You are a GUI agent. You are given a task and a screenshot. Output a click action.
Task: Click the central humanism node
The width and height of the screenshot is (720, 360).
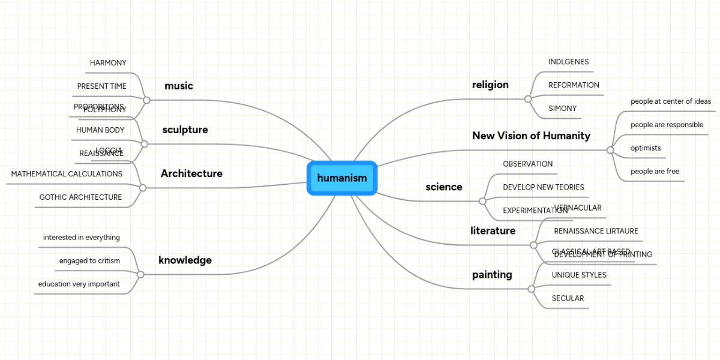tap(341, 178)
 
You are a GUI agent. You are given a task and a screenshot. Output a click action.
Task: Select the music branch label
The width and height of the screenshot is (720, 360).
tap(179, 86)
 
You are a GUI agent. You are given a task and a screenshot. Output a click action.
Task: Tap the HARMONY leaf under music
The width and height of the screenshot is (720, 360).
tap(108, 63)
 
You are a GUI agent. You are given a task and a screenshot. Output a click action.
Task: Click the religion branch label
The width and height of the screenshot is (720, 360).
tap(490, 85)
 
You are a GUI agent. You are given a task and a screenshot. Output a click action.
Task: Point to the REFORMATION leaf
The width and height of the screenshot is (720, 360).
tap(574, 85)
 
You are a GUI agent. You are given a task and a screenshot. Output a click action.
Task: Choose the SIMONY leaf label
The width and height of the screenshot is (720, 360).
tap(562, 109)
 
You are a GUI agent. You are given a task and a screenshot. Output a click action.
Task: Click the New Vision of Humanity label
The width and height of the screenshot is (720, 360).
tap(531, 136)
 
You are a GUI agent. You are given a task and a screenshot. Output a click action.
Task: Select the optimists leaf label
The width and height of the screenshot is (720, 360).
tap(646, 148)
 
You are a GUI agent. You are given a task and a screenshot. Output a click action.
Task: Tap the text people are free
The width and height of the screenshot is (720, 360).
tap(655, 172)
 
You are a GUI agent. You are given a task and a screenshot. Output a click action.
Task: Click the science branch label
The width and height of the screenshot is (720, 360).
tap(444, 187)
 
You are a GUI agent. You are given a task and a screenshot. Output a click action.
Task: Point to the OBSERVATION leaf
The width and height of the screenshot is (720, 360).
tap(527, 164)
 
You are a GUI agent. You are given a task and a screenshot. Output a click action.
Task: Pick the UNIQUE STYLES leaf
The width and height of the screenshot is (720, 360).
tap(579, 275)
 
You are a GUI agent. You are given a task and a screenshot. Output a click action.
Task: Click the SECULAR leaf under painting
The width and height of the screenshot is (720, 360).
tap(568, 298)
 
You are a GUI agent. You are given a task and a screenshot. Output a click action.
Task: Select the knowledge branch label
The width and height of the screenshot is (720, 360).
tap(185, 260)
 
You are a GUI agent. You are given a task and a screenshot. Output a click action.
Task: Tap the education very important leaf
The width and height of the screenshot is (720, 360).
tap(79, 284)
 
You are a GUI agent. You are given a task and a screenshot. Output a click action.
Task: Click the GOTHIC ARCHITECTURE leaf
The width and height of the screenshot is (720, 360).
tap(80, 197)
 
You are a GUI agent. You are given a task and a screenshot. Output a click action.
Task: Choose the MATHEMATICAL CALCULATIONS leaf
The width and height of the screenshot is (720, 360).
tap(67, 174)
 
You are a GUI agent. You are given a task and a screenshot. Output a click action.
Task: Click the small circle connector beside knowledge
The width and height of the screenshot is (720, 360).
tap(140, 274)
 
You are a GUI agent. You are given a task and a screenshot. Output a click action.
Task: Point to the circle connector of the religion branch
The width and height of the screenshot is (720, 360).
tap(527, 98)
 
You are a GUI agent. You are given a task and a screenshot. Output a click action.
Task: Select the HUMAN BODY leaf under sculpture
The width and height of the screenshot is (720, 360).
tap(100, 130)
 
